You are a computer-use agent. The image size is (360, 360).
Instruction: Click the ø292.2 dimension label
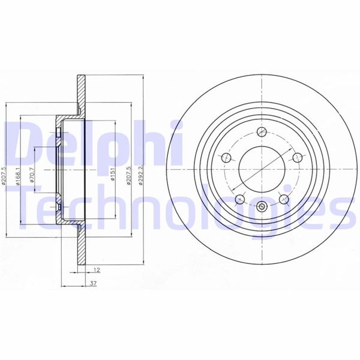pyautogui.click(x=140, y=175)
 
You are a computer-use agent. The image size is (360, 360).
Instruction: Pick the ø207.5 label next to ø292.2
pyautogui.click(x=128, y=175)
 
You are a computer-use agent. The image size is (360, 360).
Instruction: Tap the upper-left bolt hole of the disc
pyautogui.click(x=226, y=158)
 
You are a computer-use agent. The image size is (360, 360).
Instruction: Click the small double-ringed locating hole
pyautogui.click(x=262, y=208)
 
